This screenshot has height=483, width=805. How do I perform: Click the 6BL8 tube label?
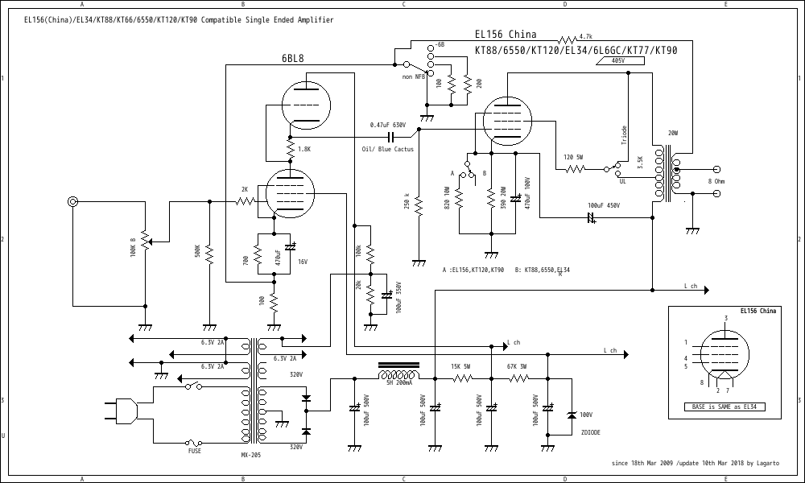point(292,58)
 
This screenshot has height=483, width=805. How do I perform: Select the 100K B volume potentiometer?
point(145,239)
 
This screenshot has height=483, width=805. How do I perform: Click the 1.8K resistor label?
point(303,149)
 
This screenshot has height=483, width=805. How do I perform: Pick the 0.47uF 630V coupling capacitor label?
point(393,125)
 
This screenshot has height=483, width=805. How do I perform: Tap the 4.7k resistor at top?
point(567,37)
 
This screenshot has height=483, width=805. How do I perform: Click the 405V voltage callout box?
point(617,60)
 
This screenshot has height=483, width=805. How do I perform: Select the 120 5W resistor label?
point(573,156)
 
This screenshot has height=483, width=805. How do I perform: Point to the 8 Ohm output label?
point(716,182)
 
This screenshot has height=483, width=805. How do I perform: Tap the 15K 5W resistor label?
point(460,367)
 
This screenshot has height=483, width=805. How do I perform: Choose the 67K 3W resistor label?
point(517,367)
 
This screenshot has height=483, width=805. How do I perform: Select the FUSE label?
point(195,451)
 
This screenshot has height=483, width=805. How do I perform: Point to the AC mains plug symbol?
point(121,412)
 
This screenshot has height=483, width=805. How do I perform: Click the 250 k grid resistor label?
point(407,201)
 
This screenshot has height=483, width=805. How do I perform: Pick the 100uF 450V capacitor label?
point(605,205)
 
